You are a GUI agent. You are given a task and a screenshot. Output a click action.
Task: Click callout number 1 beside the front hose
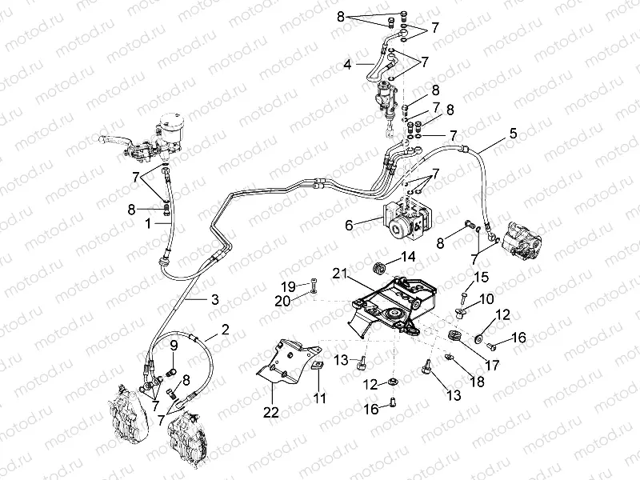[147, 226]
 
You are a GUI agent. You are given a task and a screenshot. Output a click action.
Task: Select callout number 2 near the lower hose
[225, 329]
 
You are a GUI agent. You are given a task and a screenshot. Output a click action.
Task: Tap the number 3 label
[214, 300]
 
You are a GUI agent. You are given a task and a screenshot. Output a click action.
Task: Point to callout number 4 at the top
[347, 63]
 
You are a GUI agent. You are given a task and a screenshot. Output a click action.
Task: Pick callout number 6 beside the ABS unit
[348, 226]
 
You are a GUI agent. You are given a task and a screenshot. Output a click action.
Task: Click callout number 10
[487, 299]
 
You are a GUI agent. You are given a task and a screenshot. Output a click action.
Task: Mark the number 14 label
[409, 257]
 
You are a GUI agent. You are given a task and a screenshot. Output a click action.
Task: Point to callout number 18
[478, 382]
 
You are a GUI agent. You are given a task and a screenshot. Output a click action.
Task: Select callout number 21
[340, 274]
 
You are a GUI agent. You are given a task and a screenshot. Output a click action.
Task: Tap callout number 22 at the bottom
[272, 413]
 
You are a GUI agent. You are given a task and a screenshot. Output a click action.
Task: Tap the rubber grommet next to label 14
[380, 264]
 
